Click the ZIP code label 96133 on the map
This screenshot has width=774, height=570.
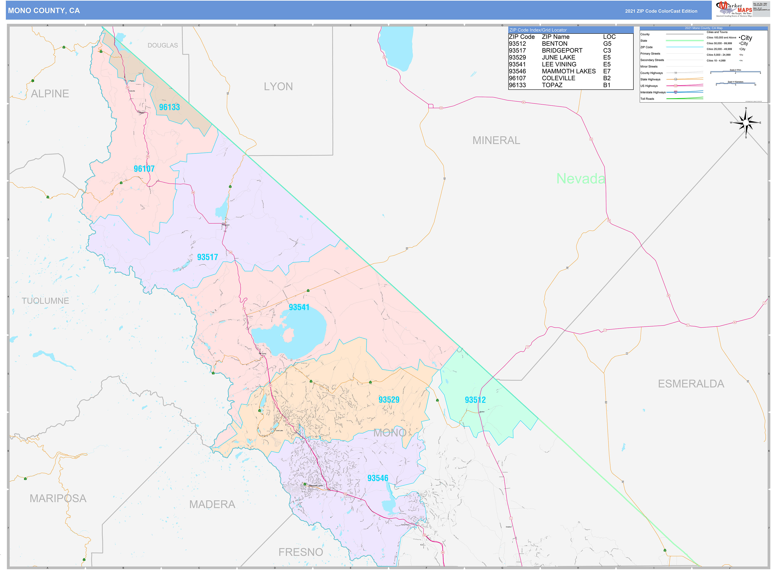click(x=169, y=107)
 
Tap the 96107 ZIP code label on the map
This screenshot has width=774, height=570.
click(x=144, y=169)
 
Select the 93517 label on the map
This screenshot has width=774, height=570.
click(x=207, y=257)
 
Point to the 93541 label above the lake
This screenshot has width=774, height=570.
click(x=299, y=307)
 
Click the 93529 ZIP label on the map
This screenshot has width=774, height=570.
click(x=389, y=400)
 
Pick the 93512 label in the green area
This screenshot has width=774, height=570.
click(x=475, y=400)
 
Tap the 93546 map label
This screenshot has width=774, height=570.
click(x=378, y=478)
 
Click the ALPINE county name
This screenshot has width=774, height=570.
click(x=50, y=94)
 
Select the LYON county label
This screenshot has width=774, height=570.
click(x=278, y=87)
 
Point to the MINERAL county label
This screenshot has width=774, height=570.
click(x=496, y=141)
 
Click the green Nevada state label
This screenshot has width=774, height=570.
click(x=581, y=178)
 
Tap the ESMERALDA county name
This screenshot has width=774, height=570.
click(x=691, y=384)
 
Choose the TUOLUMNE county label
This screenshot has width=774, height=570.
click(x=45, y=301)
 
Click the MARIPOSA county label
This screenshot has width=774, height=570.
click(x=58, y=498)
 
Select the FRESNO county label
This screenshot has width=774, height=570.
click(x=301, y=552)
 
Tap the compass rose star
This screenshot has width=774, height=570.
click(x=746, y=123)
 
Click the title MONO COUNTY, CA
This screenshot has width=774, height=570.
click(x=44, y=11)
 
